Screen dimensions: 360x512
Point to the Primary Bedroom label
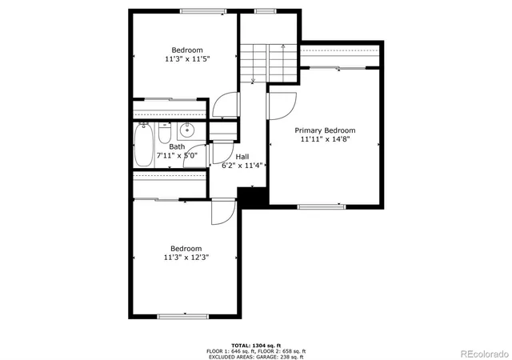325,130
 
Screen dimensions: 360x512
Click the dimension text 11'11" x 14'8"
325,139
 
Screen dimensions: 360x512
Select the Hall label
242,157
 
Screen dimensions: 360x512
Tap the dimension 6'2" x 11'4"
242,166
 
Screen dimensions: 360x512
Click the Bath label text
176,146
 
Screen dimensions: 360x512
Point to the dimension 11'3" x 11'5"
187,58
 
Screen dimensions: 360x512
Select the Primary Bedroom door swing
282,105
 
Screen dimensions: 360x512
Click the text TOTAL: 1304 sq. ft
255,345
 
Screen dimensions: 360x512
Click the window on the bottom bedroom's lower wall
186,317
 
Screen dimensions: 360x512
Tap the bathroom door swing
218,154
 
